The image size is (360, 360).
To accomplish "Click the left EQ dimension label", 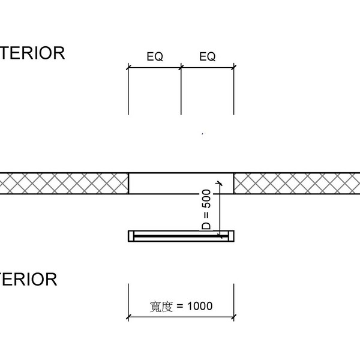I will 155,57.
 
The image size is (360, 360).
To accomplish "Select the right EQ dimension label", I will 207,57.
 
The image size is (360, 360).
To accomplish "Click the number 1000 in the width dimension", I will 200,306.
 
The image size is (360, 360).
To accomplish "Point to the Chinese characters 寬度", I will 161,306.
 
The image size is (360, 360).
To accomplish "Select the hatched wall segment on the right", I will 297,183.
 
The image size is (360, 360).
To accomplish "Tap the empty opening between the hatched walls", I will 174,183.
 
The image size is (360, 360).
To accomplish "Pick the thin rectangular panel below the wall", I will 180,236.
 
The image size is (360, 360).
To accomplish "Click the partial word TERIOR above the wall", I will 32,53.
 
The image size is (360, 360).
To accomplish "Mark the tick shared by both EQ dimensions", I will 181,68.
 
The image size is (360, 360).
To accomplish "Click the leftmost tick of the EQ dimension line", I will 128,68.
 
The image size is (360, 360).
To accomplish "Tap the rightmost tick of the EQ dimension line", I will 233,68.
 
